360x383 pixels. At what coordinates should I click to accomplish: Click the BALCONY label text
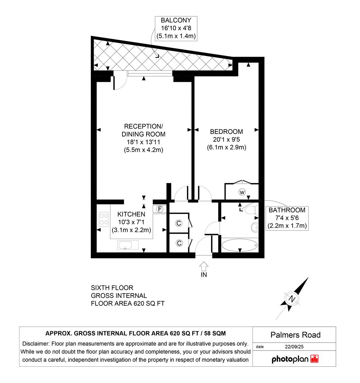tap(176, 21)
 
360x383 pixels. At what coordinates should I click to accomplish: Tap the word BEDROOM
tap(226, 132)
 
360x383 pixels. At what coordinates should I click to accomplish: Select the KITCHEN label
tap(131, 214)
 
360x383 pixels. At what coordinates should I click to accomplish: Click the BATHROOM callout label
tap(287, 210)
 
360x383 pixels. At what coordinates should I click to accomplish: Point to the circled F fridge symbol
tap(160, 209)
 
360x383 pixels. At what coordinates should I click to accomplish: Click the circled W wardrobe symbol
tap(242, 192)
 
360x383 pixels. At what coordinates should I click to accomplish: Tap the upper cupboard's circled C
tap(179, 223)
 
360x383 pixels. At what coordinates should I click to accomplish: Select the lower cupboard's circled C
tap(179, 243)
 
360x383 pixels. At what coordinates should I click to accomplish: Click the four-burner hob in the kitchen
tap(104, 218)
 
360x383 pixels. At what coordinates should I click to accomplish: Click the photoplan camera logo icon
tap(314, 359)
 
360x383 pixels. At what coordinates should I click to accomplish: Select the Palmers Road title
tap(295, 335)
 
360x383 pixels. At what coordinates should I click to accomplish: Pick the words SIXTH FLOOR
tap(112, 288)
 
